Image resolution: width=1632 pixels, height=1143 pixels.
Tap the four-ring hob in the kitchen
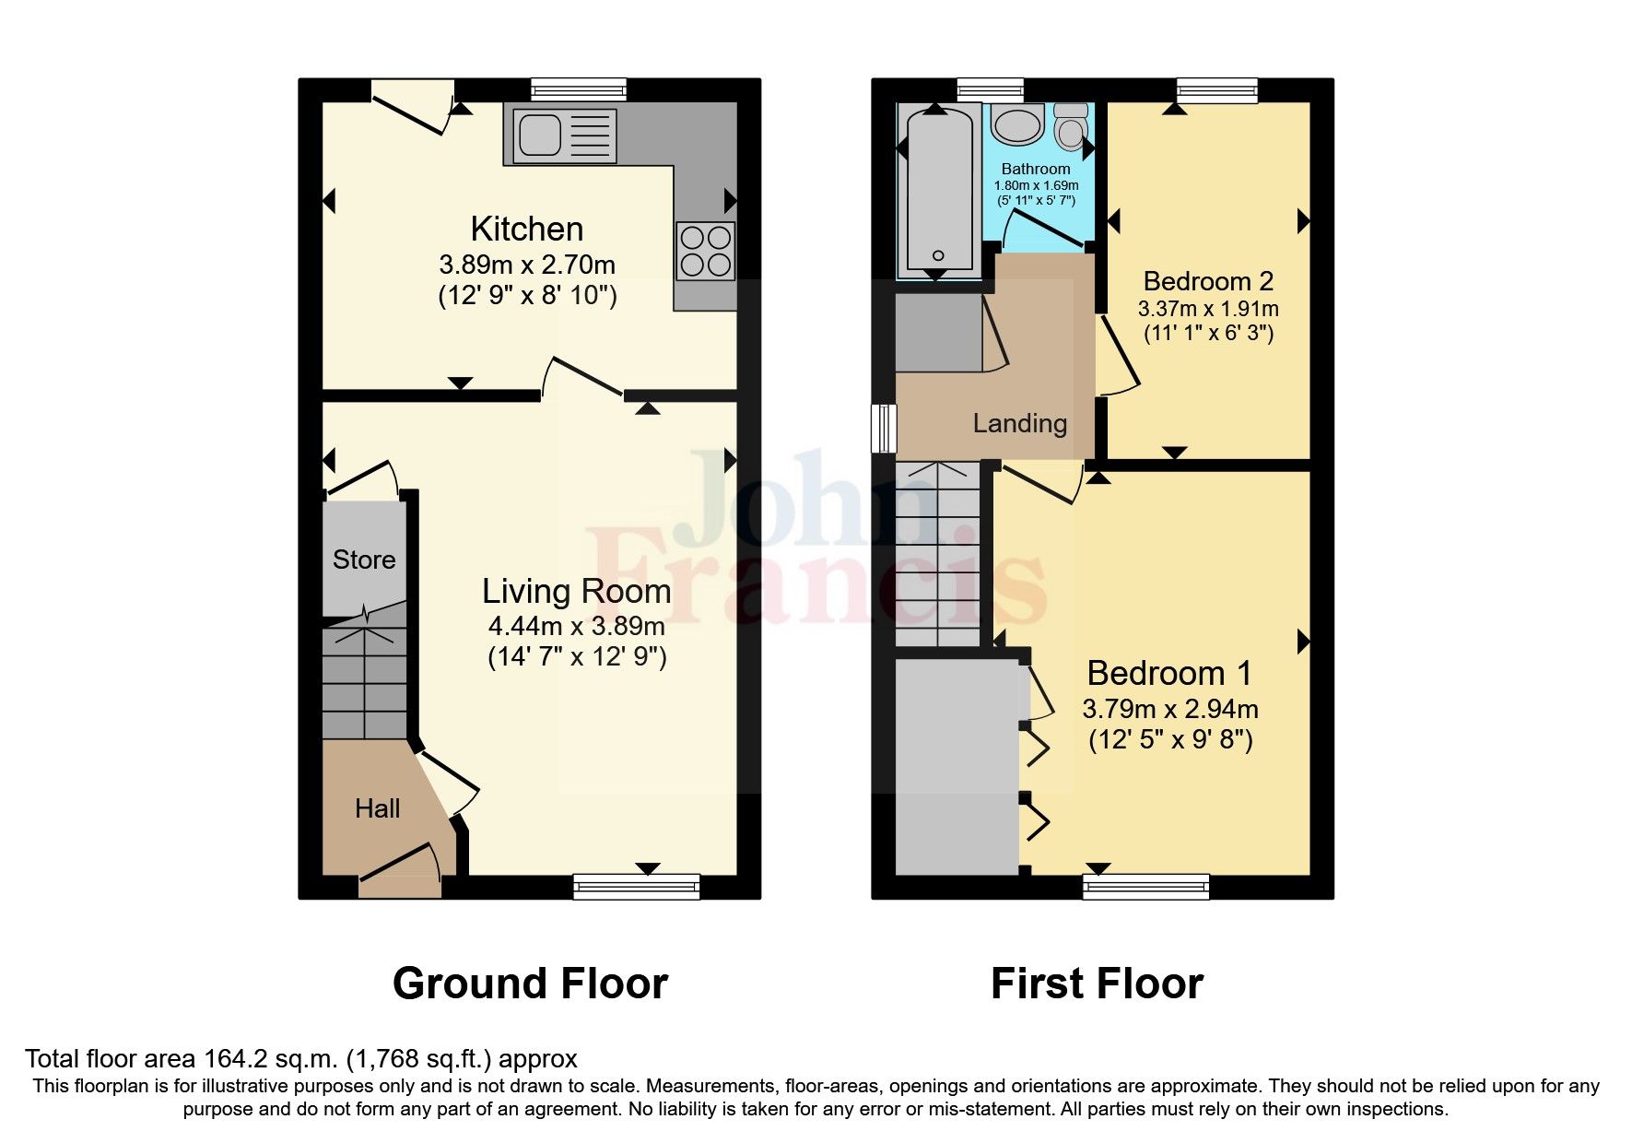click(706, 251)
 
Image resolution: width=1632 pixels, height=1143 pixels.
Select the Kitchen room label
click(526, 229)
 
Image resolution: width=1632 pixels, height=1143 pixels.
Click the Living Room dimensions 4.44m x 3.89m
click(576, 626)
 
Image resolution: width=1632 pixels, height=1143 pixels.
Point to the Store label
click(364, 560)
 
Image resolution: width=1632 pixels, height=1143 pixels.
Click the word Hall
click(377, 808)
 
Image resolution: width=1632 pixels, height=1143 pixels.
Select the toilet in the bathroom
click(1071, 128)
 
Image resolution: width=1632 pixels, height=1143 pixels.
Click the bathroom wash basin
click(1017, 126)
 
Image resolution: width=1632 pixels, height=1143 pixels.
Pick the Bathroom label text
click(1036, 169)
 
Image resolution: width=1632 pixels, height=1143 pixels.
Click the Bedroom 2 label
click(1208, 281)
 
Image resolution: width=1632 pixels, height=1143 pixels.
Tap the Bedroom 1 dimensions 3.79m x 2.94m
click(1170, 709)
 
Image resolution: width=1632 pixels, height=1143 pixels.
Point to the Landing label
click(1020, 423)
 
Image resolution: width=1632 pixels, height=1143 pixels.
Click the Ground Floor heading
click(530, 984)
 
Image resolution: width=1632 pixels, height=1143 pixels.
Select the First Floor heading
click(1097, 984)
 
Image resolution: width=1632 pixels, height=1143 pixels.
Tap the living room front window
click(636, 887)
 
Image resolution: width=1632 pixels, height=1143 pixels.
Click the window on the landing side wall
click(884, 428)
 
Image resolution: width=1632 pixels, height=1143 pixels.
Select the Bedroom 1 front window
click(1145, 887)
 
